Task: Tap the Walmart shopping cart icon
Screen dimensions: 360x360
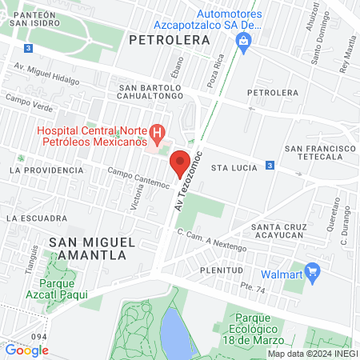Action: click(x=313, y=274)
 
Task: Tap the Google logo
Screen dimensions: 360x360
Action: click(x=26, y=350)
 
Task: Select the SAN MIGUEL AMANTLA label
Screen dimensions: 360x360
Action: click(x=88, y=248)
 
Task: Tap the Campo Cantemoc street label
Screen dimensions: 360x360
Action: click(x=138, y=178)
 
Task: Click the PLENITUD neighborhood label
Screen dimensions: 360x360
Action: click(x=222, y=270)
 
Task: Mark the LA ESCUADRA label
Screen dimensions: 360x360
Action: click(x=36, y=218)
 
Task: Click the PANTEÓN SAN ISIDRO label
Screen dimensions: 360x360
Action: click(x=32, y=19)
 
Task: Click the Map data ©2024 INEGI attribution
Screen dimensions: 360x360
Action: click(x=312, y=354)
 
